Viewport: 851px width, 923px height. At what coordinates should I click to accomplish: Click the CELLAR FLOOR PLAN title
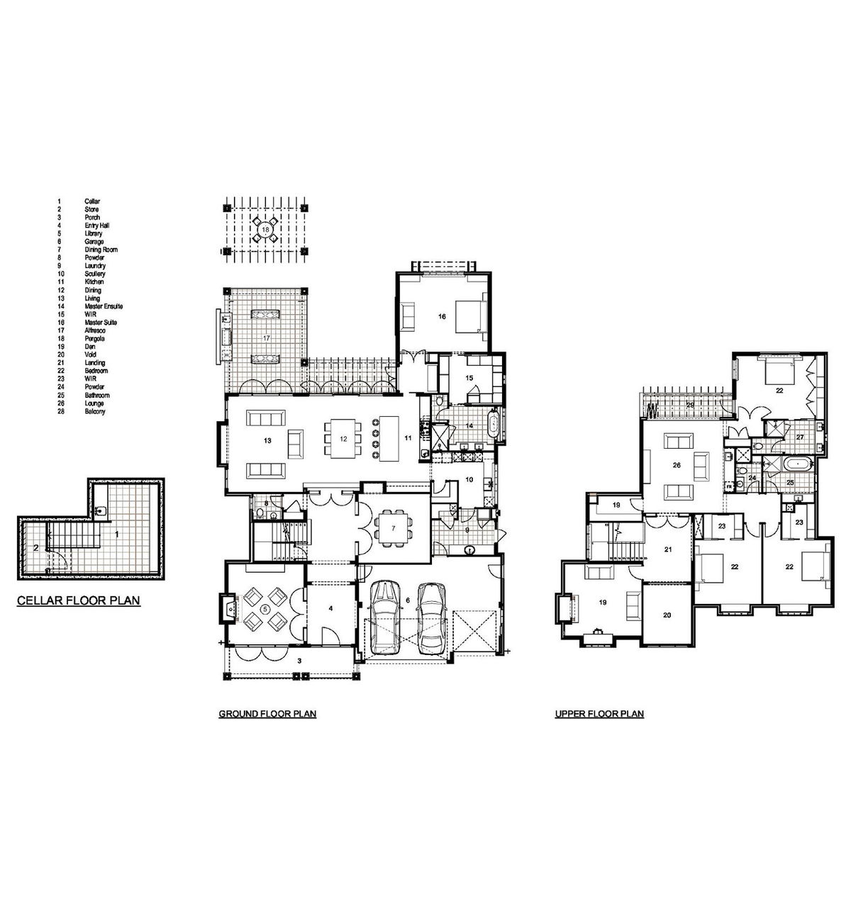tap(78, 601)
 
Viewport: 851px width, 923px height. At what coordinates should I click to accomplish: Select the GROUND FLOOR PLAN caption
tap(267, 714)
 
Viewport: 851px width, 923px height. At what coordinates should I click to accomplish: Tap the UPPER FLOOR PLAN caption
tap(599, 714)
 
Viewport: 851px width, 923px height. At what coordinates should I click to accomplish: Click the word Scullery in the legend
tap(94, 274)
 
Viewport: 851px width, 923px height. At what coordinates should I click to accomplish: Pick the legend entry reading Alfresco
tap(94, 330)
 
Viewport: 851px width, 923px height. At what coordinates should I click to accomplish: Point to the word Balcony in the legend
tap(94, 411)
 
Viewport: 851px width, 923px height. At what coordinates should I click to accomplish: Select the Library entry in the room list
tap(94, 233)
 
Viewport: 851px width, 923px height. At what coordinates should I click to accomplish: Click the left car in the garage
tap(384, 617)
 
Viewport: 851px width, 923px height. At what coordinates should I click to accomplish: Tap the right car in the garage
tap(430, 618)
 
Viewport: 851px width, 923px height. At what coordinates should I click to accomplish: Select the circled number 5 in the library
tap(265, 608)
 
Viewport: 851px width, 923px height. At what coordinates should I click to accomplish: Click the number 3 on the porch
tap(300, 660)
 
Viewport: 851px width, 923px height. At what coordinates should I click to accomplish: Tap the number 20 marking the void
tap(667, 615)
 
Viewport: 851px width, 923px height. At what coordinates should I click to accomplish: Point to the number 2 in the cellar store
tap(35, 547)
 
